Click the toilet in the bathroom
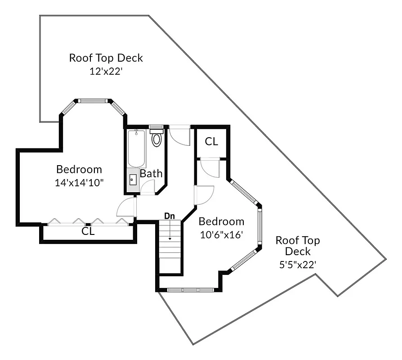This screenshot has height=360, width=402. click(156, 138)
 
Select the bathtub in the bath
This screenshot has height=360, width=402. click(136, 148)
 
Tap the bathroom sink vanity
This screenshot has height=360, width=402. click(133, 180)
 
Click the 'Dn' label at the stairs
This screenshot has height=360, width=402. click(169, 216)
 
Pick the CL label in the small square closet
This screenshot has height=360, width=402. click(211, 141)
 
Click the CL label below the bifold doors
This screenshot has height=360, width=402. click(88, 231)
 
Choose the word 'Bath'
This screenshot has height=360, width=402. click(151, 174)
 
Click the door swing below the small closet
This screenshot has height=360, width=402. click(209, 167)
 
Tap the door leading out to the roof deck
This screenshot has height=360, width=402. click(180, 135)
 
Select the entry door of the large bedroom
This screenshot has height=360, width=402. click(126, 208)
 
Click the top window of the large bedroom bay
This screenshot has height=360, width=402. click(93, 101)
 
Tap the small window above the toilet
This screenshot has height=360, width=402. click(156, 127)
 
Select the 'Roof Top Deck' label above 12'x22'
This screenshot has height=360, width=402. click(106, 58)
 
